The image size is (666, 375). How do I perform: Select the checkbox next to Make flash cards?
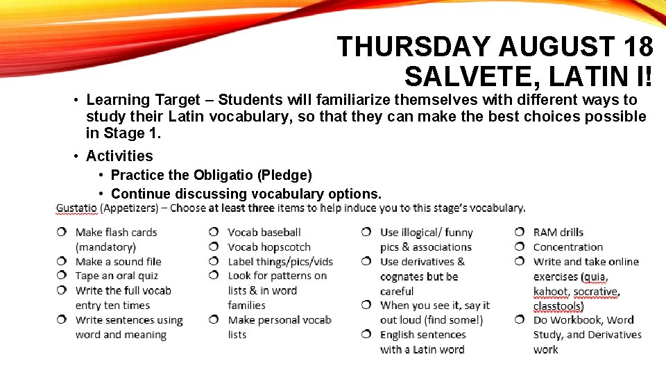click(62, 232)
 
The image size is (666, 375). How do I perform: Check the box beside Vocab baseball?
click(215, 232)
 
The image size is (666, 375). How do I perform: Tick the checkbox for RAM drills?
click(520, 232)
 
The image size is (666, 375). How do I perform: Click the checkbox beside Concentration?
click(520, 247)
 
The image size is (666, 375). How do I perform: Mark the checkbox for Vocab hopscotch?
click(215, 247)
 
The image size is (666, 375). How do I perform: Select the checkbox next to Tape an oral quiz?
click(62, 276)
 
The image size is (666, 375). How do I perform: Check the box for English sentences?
click(367, 335)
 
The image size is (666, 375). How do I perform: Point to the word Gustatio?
click(76, 208)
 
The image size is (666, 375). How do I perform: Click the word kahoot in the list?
click(549, 291)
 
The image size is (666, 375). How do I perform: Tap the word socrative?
click(596, 291)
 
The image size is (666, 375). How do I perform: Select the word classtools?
click(558, 306)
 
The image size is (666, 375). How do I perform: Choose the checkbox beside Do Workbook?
click(520, 320)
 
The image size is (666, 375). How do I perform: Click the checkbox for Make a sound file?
click(62, 261)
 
